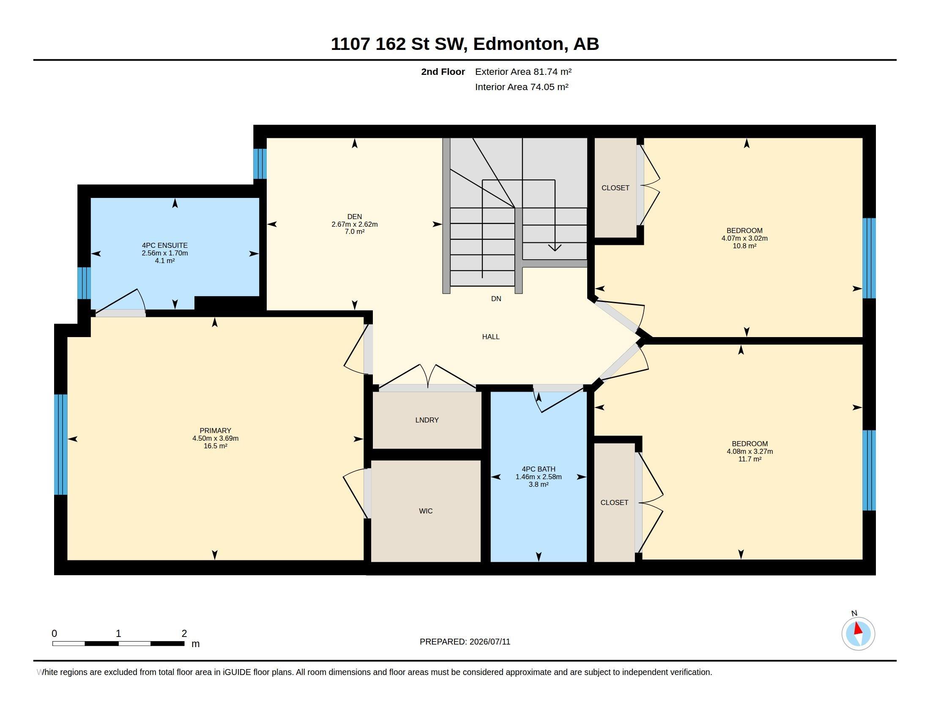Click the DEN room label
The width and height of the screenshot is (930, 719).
click(354, 217)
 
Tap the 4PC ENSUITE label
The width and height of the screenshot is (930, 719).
click(165, 245)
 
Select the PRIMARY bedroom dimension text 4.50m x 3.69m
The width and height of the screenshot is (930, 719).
click(216, 438)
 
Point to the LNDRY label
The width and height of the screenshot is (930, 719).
click(427, 420)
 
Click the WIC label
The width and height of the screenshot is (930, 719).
click(426, 511)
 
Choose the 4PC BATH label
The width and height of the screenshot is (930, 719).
click(539, 469)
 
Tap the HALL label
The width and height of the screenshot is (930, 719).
click(491, 337)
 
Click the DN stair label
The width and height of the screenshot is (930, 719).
click(496, 299)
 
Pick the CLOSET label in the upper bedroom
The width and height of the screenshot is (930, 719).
click(615, 188)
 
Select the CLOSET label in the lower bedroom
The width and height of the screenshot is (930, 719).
click(615, 502)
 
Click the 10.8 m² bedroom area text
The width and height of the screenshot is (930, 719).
click(744, 246)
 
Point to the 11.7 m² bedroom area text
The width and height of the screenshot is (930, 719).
click(750, 459)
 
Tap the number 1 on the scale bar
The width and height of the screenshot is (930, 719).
click(118, 634)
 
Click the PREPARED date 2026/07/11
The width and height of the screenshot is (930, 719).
click(490, 642)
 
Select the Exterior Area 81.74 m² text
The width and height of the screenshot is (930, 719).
click(523, 71)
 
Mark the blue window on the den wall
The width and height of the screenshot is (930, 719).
click(260, 164)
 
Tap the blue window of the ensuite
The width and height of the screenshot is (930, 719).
click(84, 283)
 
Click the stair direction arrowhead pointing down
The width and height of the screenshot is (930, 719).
click(555, 247)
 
